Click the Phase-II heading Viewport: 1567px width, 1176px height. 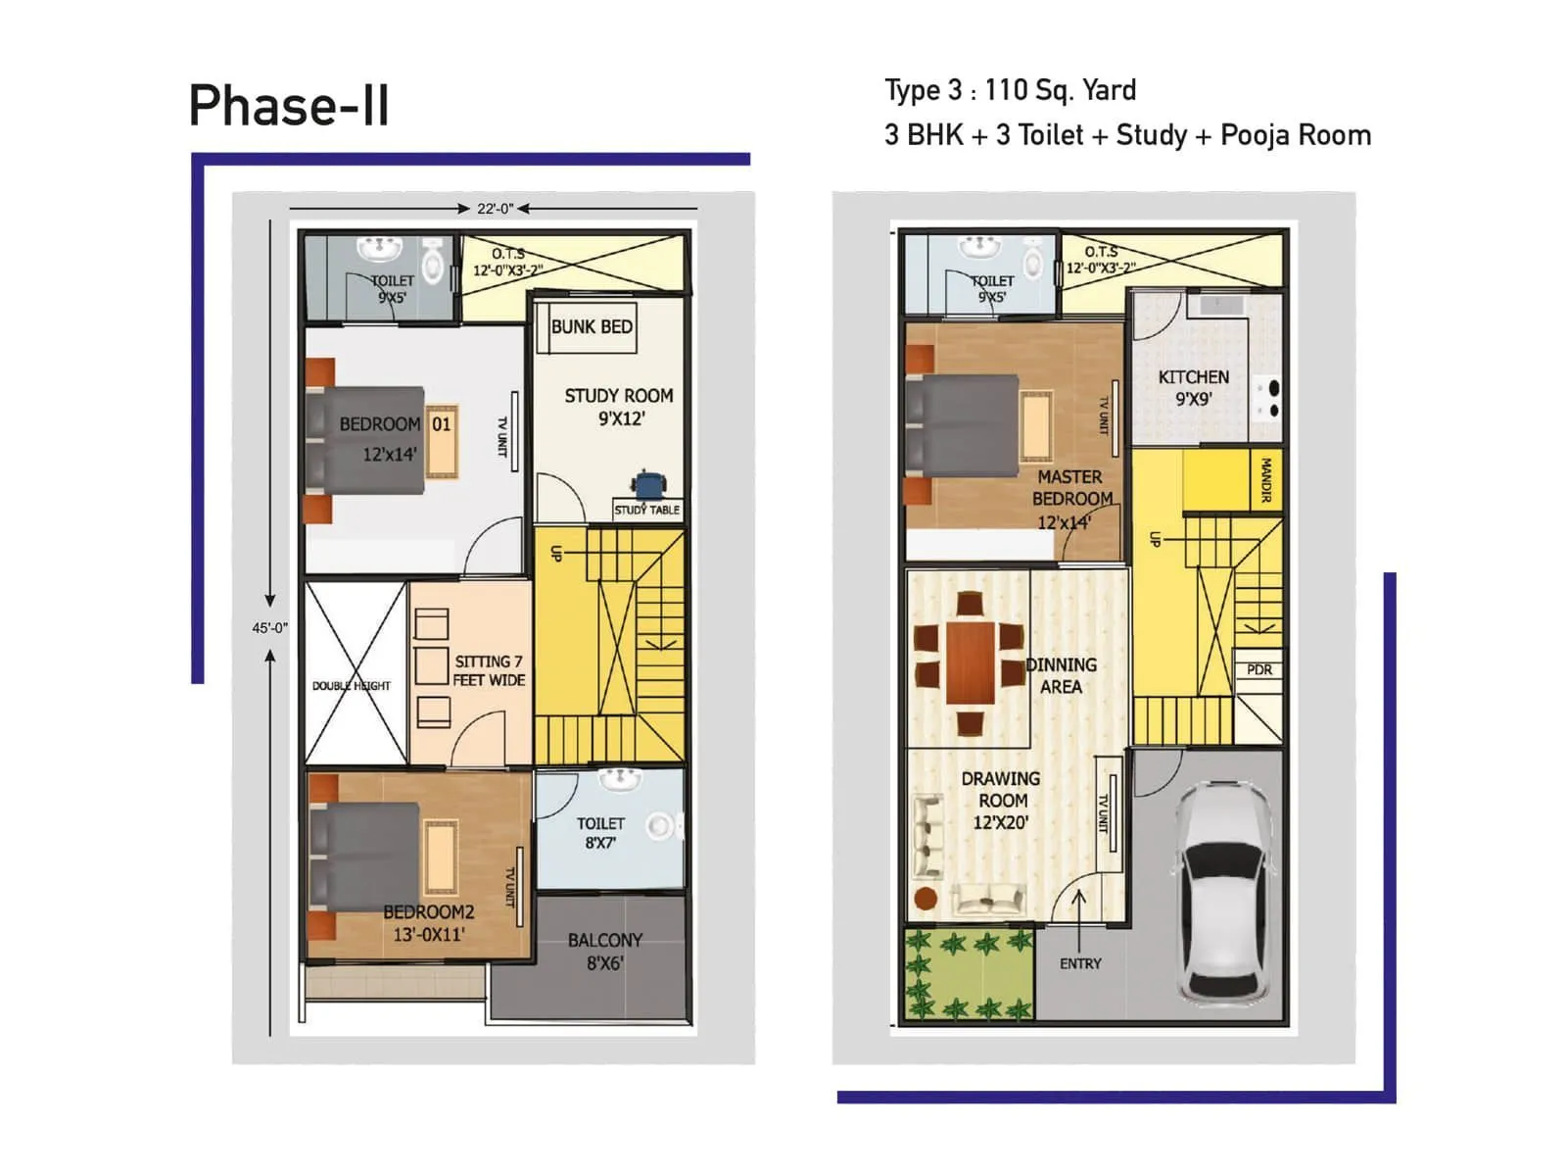pos(289,106)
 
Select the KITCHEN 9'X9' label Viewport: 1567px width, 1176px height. pos(1193,388)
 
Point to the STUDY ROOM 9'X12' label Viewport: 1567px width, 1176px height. pos(619,407)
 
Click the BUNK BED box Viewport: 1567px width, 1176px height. pos(591,327)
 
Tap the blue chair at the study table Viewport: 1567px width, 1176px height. pos(648,486)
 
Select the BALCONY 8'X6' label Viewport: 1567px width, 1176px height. pos(605,952)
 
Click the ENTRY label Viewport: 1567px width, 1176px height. pos(1080,963)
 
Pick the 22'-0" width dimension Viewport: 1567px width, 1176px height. pos(495,209)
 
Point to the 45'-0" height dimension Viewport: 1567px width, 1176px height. pos(269,627)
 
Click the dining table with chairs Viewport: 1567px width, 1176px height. pos(970,662)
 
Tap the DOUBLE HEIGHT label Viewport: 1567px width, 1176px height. pos(351,686)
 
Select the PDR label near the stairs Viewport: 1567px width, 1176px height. pos(1259,670)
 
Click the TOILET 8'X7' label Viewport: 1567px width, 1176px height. pos(600,833)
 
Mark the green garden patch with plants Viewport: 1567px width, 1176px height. pos(968,975)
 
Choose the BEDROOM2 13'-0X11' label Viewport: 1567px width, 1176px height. pos(428,923)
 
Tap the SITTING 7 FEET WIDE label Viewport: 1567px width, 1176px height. pos(489,670)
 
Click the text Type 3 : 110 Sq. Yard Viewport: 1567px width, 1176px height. pos(1010,90)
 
